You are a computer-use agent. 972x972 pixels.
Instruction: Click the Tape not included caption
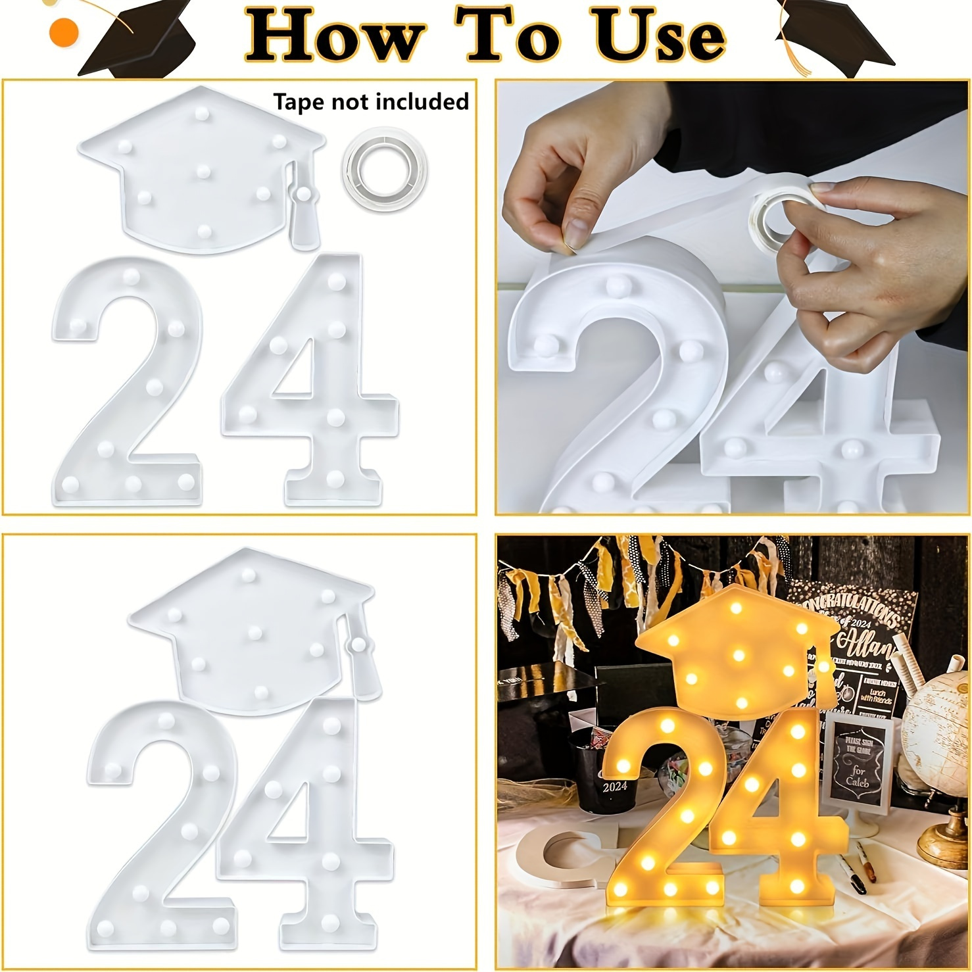(x=371, y=102)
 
